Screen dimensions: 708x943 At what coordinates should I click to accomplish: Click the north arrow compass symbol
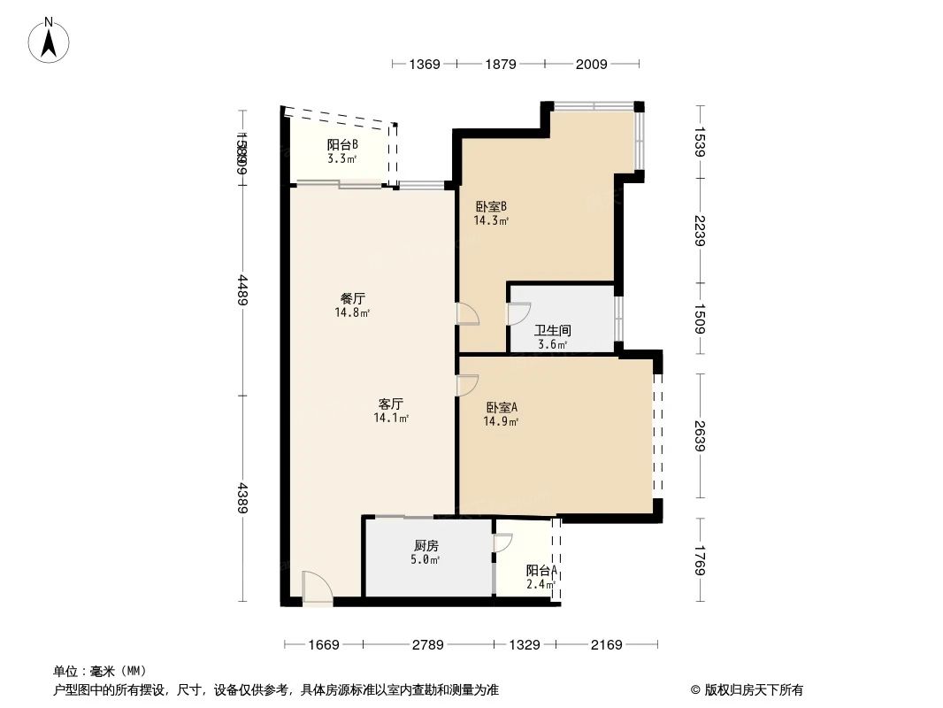(x=50, y=40)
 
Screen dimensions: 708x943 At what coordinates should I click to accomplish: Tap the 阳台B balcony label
(x=342, y=145)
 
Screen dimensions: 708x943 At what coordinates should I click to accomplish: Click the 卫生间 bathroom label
(x=553, y=331)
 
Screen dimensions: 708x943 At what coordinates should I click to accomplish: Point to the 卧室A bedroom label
(x=502, y=408)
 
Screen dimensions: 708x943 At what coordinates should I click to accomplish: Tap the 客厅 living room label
(x=391, y=404)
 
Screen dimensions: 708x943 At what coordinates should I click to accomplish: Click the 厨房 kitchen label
(x=426, y=546)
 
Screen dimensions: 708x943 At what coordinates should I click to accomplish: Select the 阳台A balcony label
(x=540, y=571)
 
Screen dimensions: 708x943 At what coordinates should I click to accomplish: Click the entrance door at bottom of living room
(x=316, y=589)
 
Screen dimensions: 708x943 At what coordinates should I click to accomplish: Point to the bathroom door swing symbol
(x=517, y=314)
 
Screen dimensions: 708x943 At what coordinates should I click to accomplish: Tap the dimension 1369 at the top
(x=425, y=64)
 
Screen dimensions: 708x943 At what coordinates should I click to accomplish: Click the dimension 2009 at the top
(x=591, y=64)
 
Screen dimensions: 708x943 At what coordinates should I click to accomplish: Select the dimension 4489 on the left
(x=242, y=288)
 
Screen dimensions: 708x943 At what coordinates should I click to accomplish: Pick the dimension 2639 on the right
(x=701, y=435)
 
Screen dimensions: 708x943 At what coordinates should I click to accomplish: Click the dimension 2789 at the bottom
(x=427, y=645)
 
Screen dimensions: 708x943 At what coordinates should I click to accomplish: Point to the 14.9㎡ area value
(x=501, y=422)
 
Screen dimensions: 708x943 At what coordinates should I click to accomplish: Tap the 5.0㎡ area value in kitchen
(x=426, y=559)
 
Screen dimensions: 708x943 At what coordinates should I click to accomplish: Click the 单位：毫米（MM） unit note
(x=99, y=672)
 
